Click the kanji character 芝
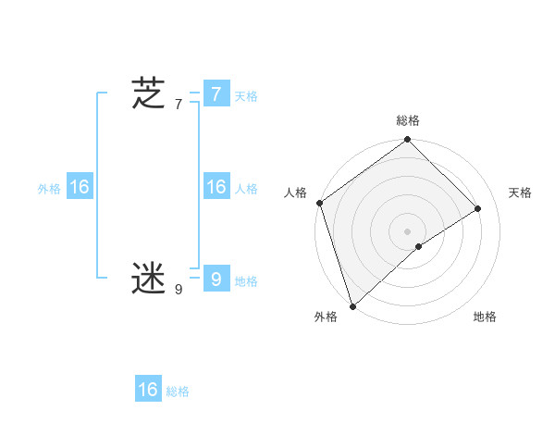pyautogui.click(x=148, y=94)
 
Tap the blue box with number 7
pyautogui.click(x=216, y=94)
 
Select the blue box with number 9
pyautogui.click(x=216, y=278)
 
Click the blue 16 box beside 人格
pyautogui.click(x=216, y=187)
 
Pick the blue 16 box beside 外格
pyautogui.click(x=80, y=187)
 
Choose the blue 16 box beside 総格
pyautogui.click(x=148, y=390)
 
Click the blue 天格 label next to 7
pyautogui.click(x=246, y=96)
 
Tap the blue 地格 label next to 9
pyautogui.click(x=246, y=281)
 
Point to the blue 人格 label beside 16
pyautogui.click(x=246, y=189)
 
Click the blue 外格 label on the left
pyautogui.click(x=49, y=189)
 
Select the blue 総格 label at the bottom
pyautogui.click(x=178, y=391)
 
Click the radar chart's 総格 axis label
pyautogui.click(x=407, y=120)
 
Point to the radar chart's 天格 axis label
pyautogui.click(x=520, y=193)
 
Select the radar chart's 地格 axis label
pyautogui.click(x=485, y=317)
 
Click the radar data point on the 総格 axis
pyautogui.click(x=407, y=141)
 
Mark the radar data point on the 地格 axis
pyautogui.click(x=419, y=246)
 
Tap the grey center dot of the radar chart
pyautogui.click(x=407, y=230)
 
